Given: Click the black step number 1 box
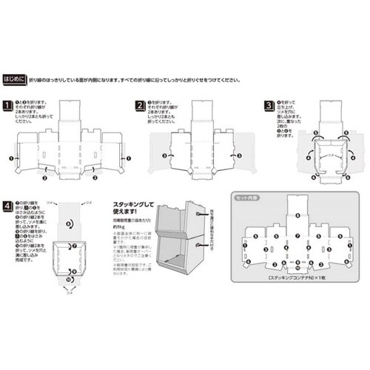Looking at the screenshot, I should coord(7,106).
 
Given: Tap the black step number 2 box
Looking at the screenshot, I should coord(138,106).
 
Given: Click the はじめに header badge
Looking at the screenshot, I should coord(16,77).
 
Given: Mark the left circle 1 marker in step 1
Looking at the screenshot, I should coord(11,158).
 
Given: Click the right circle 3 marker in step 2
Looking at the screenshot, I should coord(238,156).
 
